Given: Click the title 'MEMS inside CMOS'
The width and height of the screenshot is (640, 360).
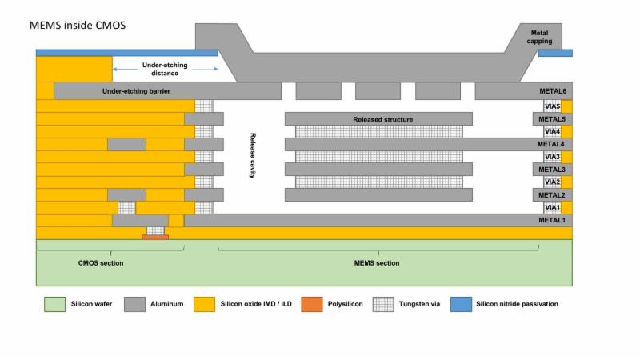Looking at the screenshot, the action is point(78,26).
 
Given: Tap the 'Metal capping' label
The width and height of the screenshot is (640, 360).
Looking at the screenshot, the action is point(539,37).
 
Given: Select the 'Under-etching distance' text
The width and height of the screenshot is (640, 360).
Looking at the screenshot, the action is point(165,69).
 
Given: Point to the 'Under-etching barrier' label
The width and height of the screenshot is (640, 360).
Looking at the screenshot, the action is point(136,91).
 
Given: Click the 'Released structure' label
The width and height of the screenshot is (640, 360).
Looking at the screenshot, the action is point(383,119).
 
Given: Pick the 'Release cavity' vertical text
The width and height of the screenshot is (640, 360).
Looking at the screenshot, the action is point(253,155).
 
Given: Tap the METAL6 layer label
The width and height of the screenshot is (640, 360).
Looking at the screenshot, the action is point(553,91).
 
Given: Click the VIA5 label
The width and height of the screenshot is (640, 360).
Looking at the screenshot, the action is point(552,106).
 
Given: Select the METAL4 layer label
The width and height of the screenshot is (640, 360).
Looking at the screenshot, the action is point(550,144).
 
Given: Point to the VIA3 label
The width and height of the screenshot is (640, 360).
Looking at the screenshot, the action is point(552,157).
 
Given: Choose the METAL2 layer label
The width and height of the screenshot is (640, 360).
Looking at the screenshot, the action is point(552,195).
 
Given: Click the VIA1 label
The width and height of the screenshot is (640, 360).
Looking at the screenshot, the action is point(552,207).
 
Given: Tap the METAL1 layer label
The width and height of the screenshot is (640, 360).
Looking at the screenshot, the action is point(552,220).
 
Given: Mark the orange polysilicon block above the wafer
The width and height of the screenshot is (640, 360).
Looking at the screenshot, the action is point(155,237).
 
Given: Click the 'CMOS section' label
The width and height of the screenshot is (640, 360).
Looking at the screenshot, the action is point(101,263).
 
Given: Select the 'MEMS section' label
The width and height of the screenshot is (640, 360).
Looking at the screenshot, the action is point(377,263).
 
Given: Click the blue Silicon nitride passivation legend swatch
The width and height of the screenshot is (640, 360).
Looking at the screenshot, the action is point(462,304).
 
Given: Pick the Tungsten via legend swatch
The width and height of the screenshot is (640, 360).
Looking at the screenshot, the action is point(383,304).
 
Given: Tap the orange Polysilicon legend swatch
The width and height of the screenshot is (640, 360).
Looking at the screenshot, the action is point(312,304).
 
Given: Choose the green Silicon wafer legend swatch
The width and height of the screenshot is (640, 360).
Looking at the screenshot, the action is point(54,304).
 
